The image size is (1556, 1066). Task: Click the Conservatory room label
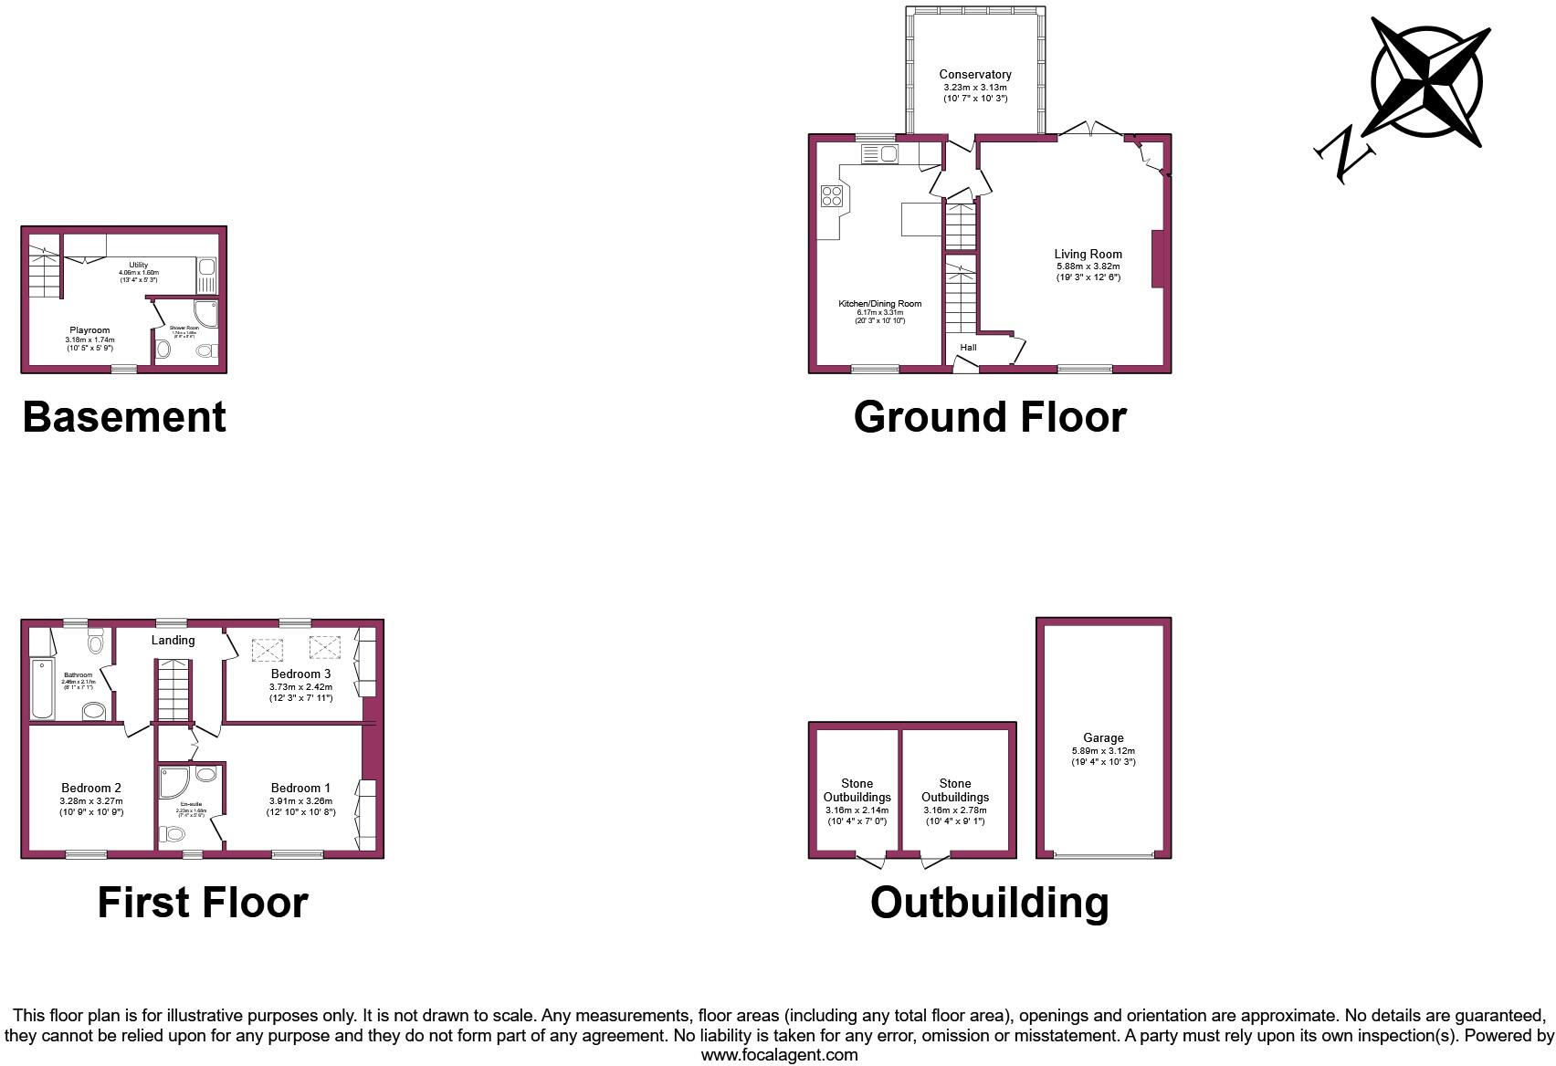click(975, 75)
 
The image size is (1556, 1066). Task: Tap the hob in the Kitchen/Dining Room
click(832, 196)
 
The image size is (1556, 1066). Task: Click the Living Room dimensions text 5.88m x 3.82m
click(1088, 266)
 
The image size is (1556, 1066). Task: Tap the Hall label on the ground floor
click(968, 348)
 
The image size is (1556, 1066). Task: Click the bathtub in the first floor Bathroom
click(39, 688)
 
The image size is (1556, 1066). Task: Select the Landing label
click(173, 640)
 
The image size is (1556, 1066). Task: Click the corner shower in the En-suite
click(173, 780)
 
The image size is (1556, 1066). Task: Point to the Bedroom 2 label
click(91, 788)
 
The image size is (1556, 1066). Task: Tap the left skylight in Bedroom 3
click(268, 649)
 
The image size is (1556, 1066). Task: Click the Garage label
click(1103, 737)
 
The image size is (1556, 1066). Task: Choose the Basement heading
click(124, 417)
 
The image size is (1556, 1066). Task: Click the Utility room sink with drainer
click(206, 274)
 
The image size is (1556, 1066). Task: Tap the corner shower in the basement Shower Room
click(206, 314)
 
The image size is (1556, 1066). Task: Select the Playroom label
click(89, 330)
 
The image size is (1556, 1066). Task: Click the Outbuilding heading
click(989, 903)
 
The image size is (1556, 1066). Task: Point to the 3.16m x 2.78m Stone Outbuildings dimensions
click(955, 810)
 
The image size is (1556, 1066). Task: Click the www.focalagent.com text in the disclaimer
click(779, 1055)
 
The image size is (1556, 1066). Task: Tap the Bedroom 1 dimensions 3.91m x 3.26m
click(300, 800)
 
